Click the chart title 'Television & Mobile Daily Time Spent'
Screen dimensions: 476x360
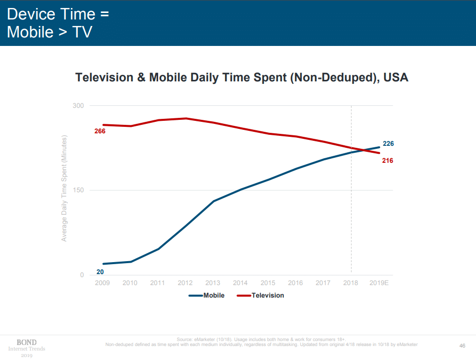181,77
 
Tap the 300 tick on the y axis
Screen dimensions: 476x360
78,106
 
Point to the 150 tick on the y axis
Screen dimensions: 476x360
78,190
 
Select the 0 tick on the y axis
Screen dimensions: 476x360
82,275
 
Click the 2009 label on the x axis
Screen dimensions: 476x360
102,283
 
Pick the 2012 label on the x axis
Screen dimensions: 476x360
185,283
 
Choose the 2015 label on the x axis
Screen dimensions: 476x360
268,283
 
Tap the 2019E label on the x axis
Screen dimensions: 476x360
379,283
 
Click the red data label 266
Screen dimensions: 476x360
100,131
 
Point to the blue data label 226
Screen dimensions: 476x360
388,143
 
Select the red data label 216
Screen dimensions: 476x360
388,160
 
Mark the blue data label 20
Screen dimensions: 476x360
100,272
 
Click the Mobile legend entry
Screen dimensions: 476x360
207,295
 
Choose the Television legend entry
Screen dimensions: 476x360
260,295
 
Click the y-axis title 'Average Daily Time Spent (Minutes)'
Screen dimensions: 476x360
64,188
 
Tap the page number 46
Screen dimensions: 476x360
463,346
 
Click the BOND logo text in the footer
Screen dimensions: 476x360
27,343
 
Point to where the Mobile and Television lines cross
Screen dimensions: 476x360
362,150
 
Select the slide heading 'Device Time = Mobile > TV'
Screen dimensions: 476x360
58,23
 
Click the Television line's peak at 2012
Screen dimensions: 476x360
186,118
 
